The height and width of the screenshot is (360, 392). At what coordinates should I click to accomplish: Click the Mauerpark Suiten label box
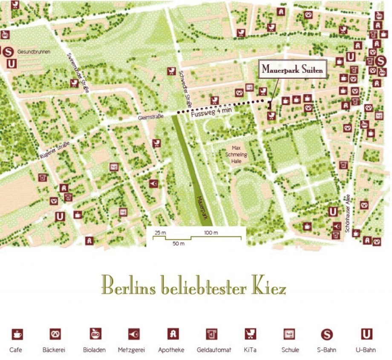click(292, 69)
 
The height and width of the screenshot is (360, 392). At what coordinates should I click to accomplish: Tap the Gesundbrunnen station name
click(34, 52)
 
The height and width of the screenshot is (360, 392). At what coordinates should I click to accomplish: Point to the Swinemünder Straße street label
click(78, 73)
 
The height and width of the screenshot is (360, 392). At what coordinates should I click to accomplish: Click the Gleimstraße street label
click(151, 117)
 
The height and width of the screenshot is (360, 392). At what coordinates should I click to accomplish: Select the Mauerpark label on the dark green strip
click(203, 207)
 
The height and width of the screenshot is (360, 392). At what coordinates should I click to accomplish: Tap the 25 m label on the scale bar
click(160, 233)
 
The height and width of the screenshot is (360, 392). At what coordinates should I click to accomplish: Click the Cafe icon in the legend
click(17, 334)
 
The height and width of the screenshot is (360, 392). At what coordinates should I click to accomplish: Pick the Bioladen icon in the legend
click(95, 334)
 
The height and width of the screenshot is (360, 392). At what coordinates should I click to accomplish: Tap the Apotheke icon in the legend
click(172, 334)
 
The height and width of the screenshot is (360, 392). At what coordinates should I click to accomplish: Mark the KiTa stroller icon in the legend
click(250, 334)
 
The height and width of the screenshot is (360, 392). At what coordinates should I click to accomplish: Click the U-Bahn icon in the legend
click(366, 334)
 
